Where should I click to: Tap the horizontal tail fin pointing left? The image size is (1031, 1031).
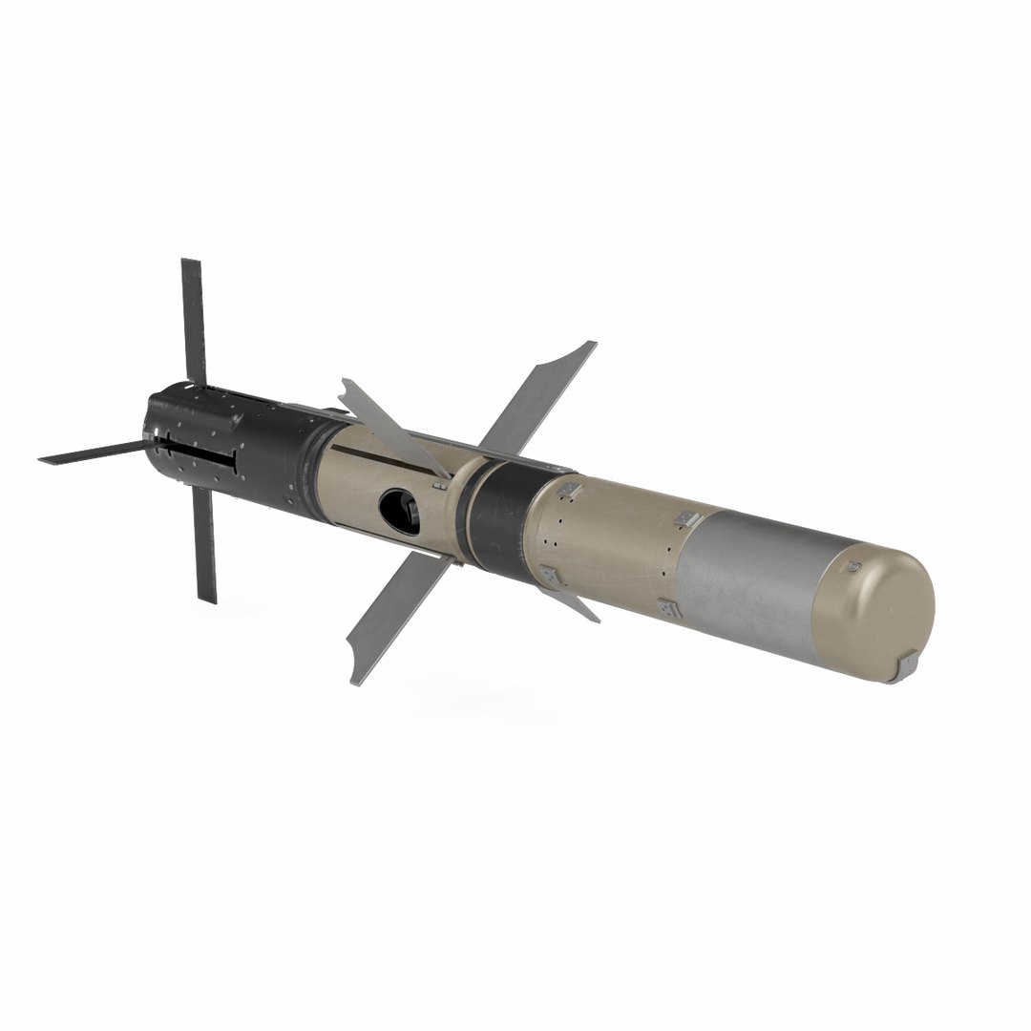[91, 452]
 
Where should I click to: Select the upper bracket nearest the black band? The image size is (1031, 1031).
[569, 490]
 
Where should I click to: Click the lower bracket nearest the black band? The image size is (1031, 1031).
[551, 575]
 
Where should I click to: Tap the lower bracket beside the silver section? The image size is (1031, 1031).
[669, 609]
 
